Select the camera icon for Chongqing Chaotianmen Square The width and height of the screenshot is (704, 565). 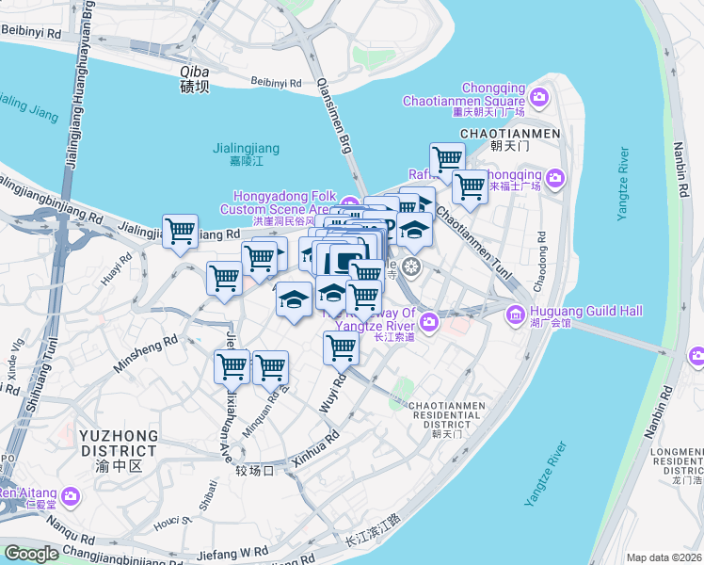point(539,96)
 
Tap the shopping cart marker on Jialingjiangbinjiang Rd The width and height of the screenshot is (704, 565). point(179,230)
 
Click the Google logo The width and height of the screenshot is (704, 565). point(30,554)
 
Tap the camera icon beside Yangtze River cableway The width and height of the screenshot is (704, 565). point(429,323)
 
